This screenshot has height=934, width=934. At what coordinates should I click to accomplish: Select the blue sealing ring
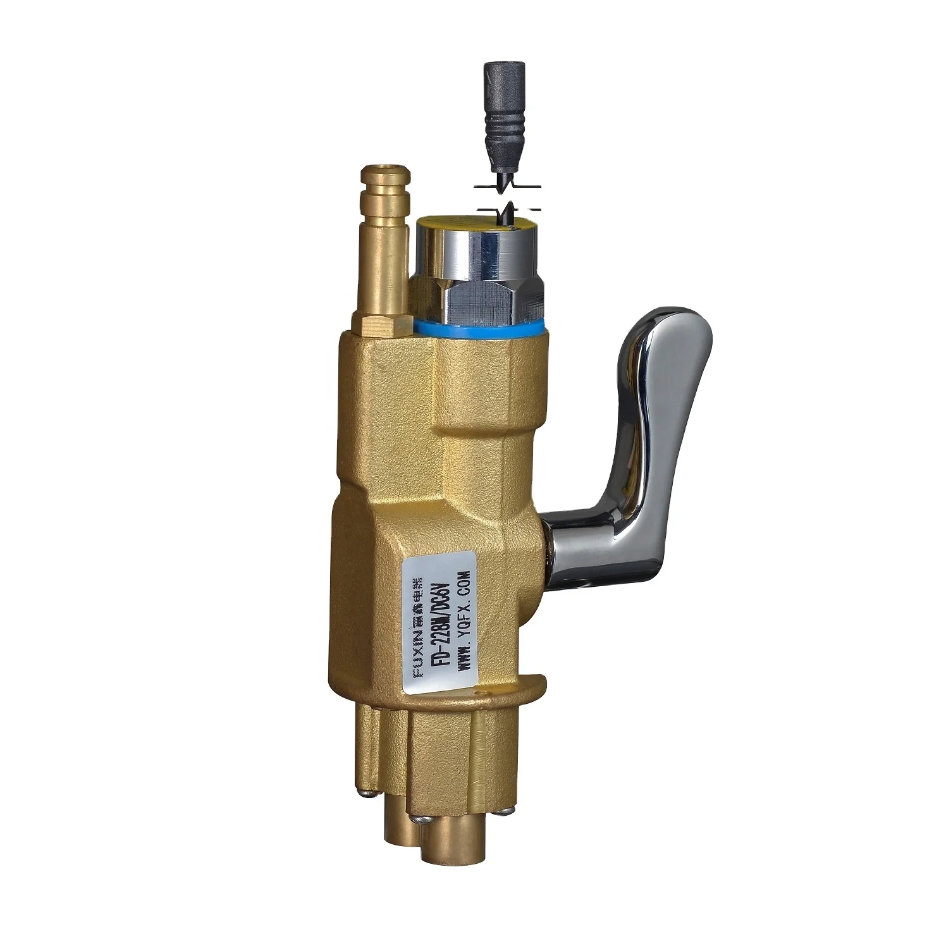tap(479, 328)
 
